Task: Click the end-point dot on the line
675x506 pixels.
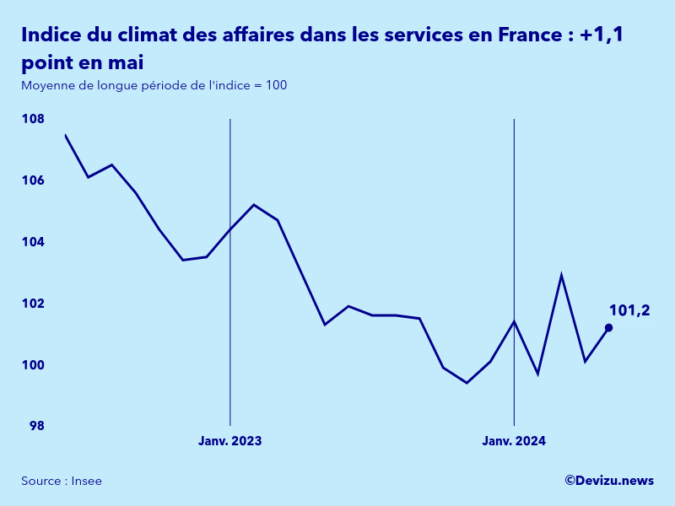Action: (608, 328)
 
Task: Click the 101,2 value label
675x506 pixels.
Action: (629, 310)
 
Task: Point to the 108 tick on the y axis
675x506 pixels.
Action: (33, 120)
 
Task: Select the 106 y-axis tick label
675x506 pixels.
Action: (33, 181)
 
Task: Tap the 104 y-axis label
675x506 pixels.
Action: (33, 242)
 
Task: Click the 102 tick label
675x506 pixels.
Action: (33, 304)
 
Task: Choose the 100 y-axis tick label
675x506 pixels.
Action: (33, 365)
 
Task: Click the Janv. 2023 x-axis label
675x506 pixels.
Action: (229, 441)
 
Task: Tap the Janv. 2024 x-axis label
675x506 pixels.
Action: (514, 441)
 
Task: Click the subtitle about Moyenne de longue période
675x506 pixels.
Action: (154, 86)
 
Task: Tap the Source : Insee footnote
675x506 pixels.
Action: (62, 481)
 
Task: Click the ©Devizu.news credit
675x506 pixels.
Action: (609, 480)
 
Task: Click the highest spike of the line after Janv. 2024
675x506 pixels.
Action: (561, 276)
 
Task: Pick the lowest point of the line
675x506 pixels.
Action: (467, 383)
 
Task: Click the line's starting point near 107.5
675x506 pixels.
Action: (66, 135)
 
